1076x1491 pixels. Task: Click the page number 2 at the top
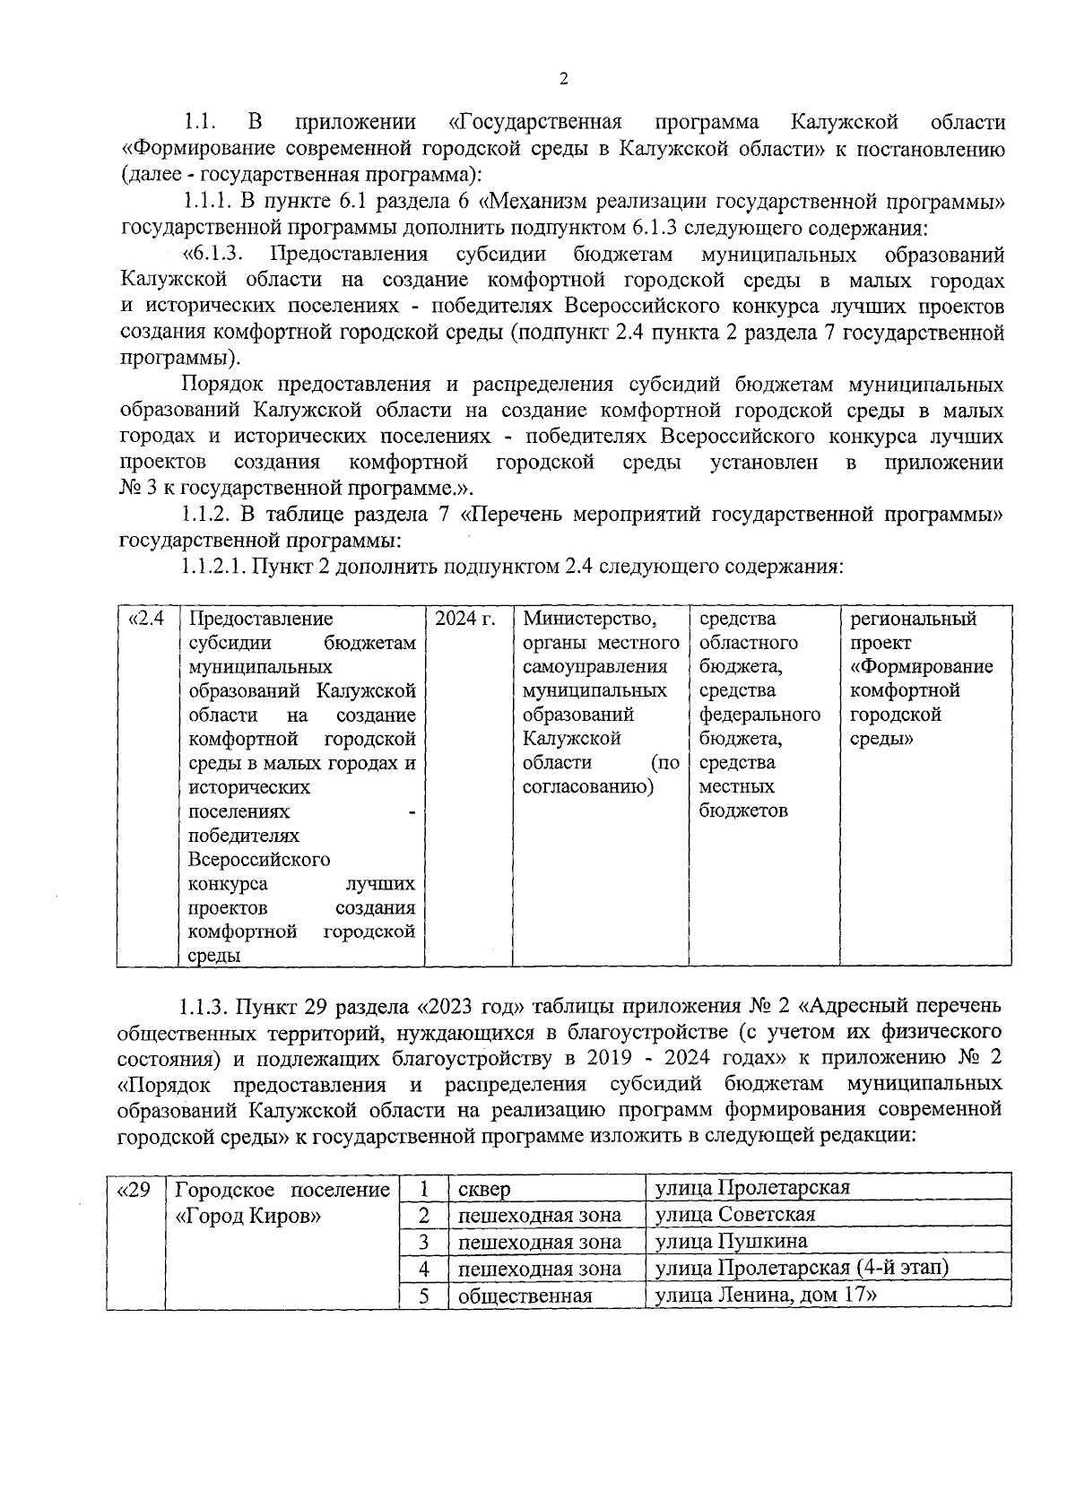[x=563, y=79]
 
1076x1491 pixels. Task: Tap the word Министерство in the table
[x=589, y=620]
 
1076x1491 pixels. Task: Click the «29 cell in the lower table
[x=134, y=1190]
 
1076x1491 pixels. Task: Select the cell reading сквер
[x=484, y=1190]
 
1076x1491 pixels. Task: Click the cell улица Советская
[x=734, y=1215]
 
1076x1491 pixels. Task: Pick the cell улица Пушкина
[x=731, y=1242]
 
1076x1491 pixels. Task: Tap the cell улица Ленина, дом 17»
[x=765, y=1295]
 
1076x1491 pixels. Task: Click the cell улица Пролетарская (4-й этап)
[x=802, y=1268]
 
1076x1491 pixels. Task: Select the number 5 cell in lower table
[x=424, y=1296]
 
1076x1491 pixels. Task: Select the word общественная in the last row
[x=525, y=1296]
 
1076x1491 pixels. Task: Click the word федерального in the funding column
[x=759, y=715]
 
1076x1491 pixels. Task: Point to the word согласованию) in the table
[x=588, y=787]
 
